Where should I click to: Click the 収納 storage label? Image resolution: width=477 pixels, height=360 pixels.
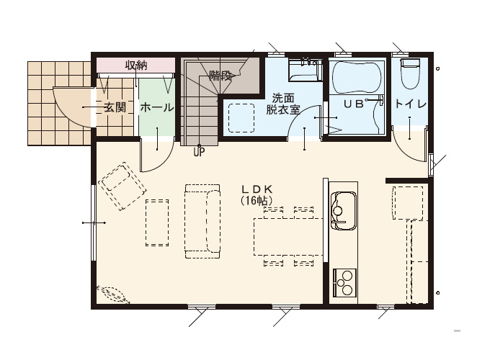136,66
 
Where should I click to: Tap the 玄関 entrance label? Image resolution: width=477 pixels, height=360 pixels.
115,107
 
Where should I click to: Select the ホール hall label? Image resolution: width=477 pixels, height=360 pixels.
157,107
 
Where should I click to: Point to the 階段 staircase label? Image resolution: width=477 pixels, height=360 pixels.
221,76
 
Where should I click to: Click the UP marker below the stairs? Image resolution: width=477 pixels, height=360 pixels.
200,152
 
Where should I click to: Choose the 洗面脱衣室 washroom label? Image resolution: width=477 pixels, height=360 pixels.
283,104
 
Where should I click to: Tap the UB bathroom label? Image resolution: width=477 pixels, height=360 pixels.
354,104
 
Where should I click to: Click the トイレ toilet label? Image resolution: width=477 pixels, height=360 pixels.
411,104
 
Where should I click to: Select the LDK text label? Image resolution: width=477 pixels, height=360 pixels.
257,189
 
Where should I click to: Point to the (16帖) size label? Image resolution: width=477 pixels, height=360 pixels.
256,201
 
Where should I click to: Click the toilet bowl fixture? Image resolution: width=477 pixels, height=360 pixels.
410,74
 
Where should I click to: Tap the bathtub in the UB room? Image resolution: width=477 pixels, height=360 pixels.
357,78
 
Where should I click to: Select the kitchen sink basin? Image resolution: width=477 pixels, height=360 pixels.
344,210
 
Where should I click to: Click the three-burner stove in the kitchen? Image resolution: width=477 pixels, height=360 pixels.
344,283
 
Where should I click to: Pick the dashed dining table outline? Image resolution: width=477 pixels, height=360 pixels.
288,237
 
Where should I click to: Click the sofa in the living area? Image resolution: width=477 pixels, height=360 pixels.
202,221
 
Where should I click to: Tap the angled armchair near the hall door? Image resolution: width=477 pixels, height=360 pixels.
122,186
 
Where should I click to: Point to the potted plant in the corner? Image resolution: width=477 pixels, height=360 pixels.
113,294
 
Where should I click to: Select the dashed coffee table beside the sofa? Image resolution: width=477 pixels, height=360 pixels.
157,222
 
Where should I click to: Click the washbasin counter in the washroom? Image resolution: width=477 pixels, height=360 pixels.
305,71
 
